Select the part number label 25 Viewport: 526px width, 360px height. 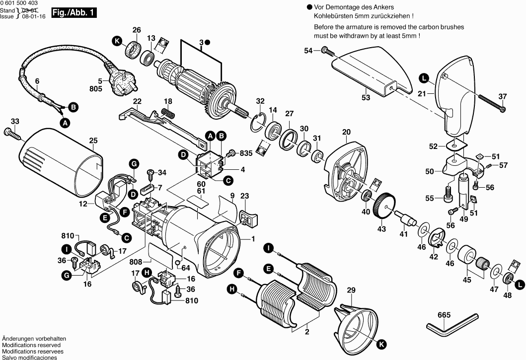(x=93, y=141)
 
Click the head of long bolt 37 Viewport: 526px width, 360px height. (x=503, y=109)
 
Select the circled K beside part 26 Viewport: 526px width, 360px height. (x=117, y=42)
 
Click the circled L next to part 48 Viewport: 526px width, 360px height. (x=519, y=285)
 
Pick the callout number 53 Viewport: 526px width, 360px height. (x=366, y=98)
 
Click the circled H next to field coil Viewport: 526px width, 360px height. (x=232, y=289)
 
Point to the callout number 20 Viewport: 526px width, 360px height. (x=346, y=132)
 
